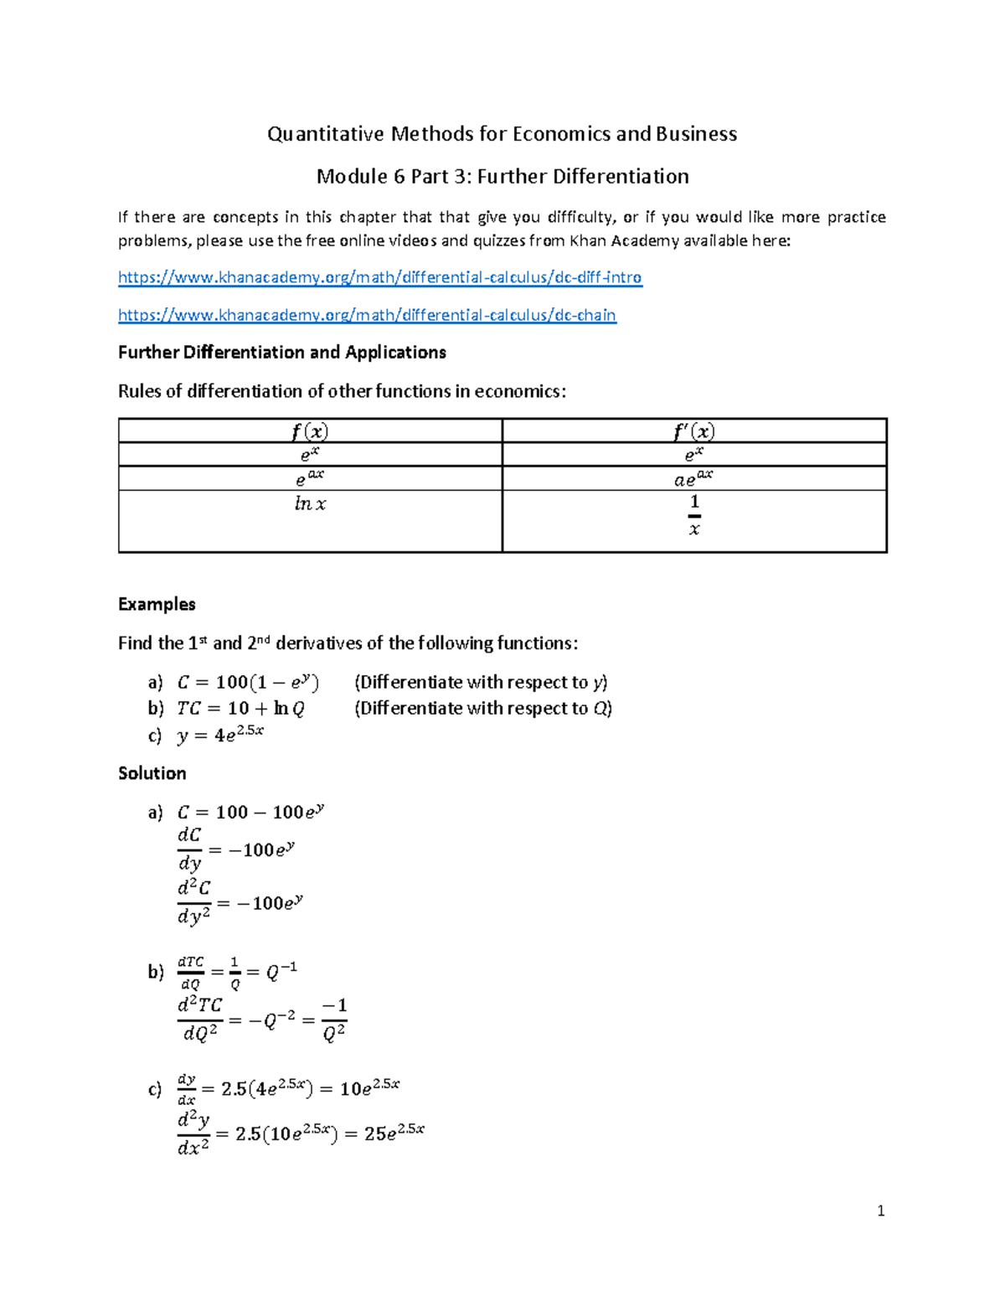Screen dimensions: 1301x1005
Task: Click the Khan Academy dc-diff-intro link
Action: [379, 277]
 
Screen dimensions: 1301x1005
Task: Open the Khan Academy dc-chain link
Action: [367, 315]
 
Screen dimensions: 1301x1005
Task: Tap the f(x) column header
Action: [310, 431]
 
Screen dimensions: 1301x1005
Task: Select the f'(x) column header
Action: [693, 431]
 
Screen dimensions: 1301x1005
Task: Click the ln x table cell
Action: [310, 504]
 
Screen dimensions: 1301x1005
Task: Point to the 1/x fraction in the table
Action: [693, 515]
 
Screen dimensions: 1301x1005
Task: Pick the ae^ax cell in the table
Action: [693, 478]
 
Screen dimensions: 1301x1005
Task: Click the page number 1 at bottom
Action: [880, 1211]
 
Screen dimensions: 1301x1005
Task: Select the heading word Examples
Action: [157, 604]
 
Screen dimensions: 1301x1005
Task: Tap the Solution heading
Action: [152, 773]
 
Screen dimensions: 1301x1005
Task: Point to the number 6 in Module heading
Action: [384, 177]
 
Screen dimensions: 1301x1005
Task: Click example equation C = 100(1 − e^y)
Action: [248, 683]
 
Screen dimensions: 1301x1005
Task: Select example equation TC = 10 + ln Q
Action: [240, 709]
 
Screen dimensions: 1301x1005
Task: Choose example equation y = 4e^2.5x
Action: [220, 735]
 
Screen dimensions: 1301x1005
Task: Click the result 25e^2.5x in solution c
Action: [394, 1133]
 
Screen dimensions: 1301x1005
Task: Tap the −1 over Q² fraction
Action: [334, 1019]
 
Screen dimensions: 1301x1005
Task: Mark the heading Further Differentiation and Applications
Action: [281, 353]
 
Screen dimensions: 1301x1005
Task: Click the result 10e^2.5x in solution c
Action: [369, 1088]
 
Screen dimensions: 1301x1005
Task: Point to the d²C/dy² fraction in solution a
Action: [193, 901]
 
